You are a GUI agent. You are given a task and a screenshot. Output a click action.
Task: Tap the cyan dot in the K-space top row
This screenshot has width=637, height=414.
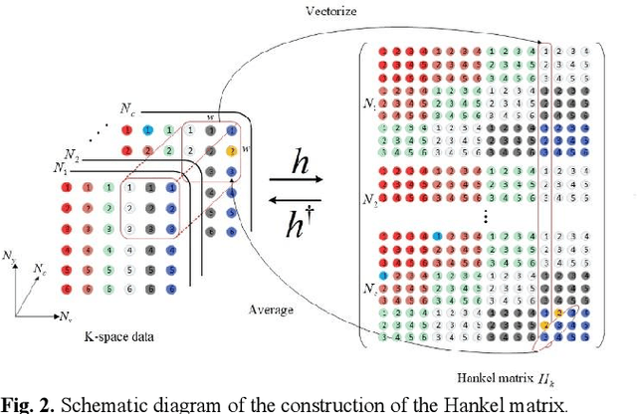pyautogui.click(x=148, y=130)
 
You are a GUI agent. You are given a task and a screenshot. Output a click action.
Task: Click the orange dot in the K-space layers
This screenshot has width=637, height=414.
pyautogui.click(x=232, y=151)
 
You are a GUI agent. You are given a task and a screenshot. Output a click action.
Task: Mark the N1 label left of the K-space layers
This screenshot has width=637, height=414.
pyautogui.click(x=61, y=168)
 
